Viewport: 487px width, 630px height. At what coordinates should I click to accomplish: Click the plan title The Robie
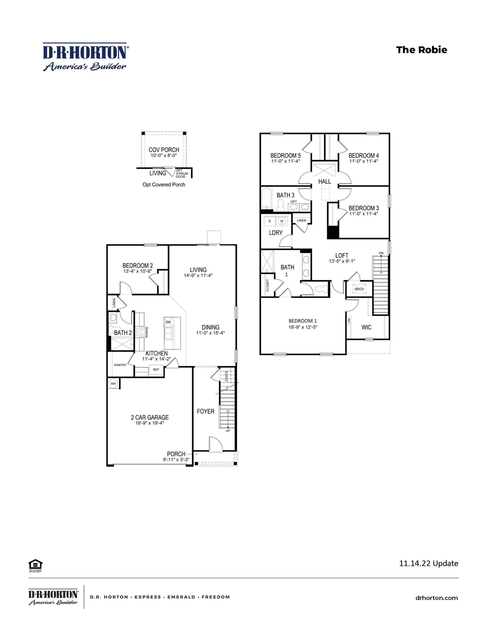tap(421, 50)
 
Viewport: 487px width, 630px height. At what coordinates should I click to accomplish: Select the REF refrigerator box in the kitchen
tap(156, 370)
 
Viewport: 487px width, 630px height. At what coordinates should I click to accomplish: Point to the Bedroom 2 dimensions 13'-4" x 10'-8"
tap(138, 271)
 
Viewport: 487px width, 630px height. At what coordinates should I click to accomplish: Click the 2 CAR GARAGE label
tap(150, 417)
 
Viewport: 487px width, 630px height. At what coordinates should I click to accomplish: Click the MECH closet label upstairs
tap(359, 289)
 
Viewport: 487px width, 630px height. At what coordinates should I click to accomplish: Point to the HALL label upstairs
tap(324, 181)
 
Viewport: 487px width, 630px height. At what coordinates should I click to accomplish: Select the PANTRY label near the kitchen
tap(120, 365)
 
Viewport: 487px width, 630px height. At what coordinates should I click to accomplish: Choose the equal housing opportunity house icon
tap(36, 564)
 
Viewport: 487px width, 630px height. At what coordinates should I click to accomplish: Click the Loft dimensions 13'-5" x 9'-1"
tap(342, 261)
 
